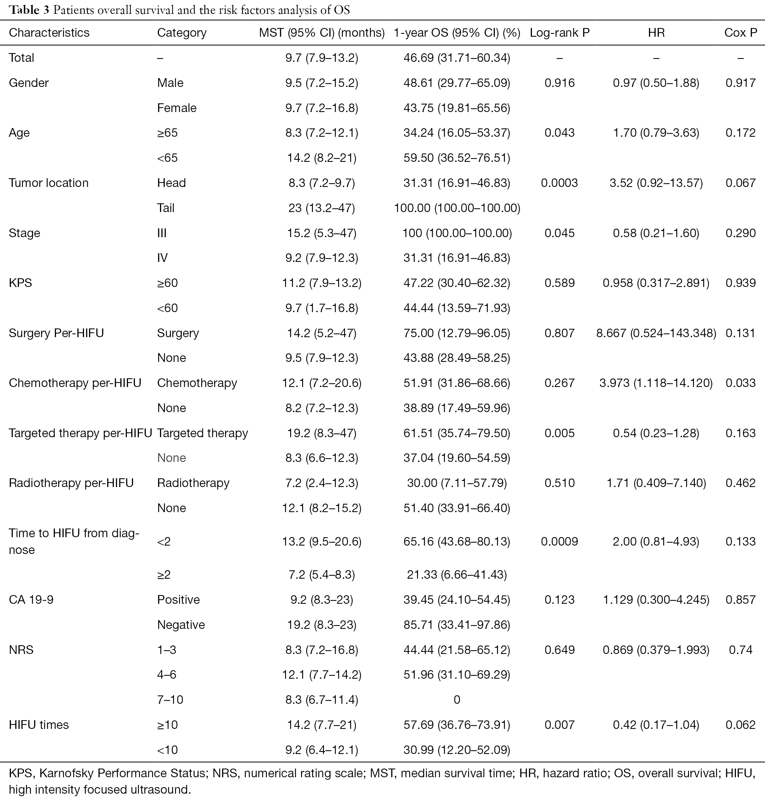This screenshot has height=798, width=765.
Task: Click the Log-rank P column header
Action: [x=560, y=33]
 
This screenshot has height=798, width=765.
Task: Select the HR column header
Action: [x=656, y=33]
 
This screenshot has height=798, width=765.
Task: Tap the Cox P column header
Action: [x=741, y=33]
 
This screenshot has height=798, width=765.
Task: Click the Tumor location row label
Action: [x=48, y=183]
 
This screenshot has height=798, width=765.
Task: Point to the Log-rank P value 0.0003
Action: [x=560, y=183]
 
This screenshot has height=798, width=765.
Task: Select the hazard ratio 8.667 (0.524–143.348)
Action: [x=656, y=333]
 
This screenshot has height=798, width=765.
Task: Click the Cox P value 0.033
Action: [x=741, y=383]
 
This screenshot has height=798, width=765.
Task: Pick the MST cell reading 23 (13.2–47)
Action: [x=321, y=208]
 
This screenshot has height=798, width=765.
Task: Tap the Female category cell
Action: [x=177, y=108]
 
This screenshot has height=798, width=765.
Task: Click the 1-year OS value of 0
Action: [x=457, y=699]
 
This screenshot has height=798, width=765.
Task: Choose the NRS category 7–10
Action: [x=170, y=699]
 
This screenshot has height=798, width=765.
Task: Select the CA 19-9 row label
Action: [x=31, y=600]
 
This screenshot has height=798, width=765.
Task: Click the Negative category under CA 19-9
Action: [x=181, y=625]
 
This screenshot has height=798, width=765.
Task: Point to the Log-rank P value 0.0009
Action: [x=560, y=542]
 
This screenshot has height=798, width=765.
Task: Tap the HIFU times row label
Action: [x=39, y=725]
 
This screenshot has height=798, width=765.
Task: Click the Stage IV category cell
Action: [x=163, y=258]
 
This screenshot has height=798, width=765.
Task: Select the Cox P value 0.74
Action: [x=741, y=650]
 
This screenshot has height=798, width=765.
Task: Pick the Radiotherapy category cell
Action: [x=193, y=483]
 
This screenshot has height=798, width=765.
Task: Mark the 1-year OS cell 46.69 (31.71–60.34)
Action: [x=457, y=58]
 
